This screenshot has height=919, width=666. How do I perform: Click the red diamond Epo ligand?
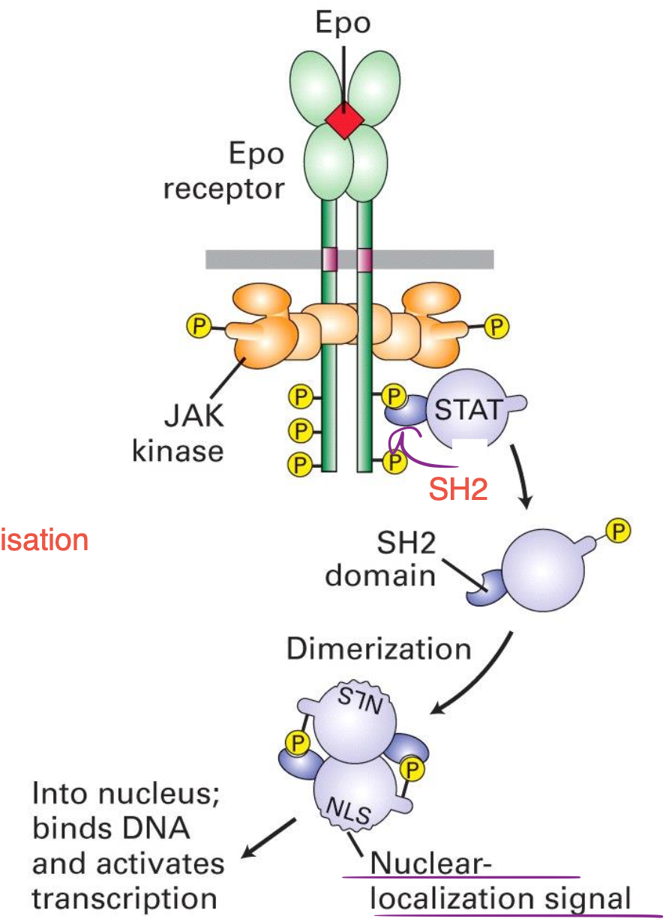click(344, 118)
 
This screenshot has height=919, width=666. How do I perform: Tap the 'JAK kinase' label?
click(178, 433)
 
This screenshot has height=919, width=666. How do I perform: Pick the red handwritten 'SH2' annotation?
click(458, 490)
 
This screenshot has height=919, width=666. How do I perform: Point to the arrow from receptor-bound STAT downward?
click(522, 480)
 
